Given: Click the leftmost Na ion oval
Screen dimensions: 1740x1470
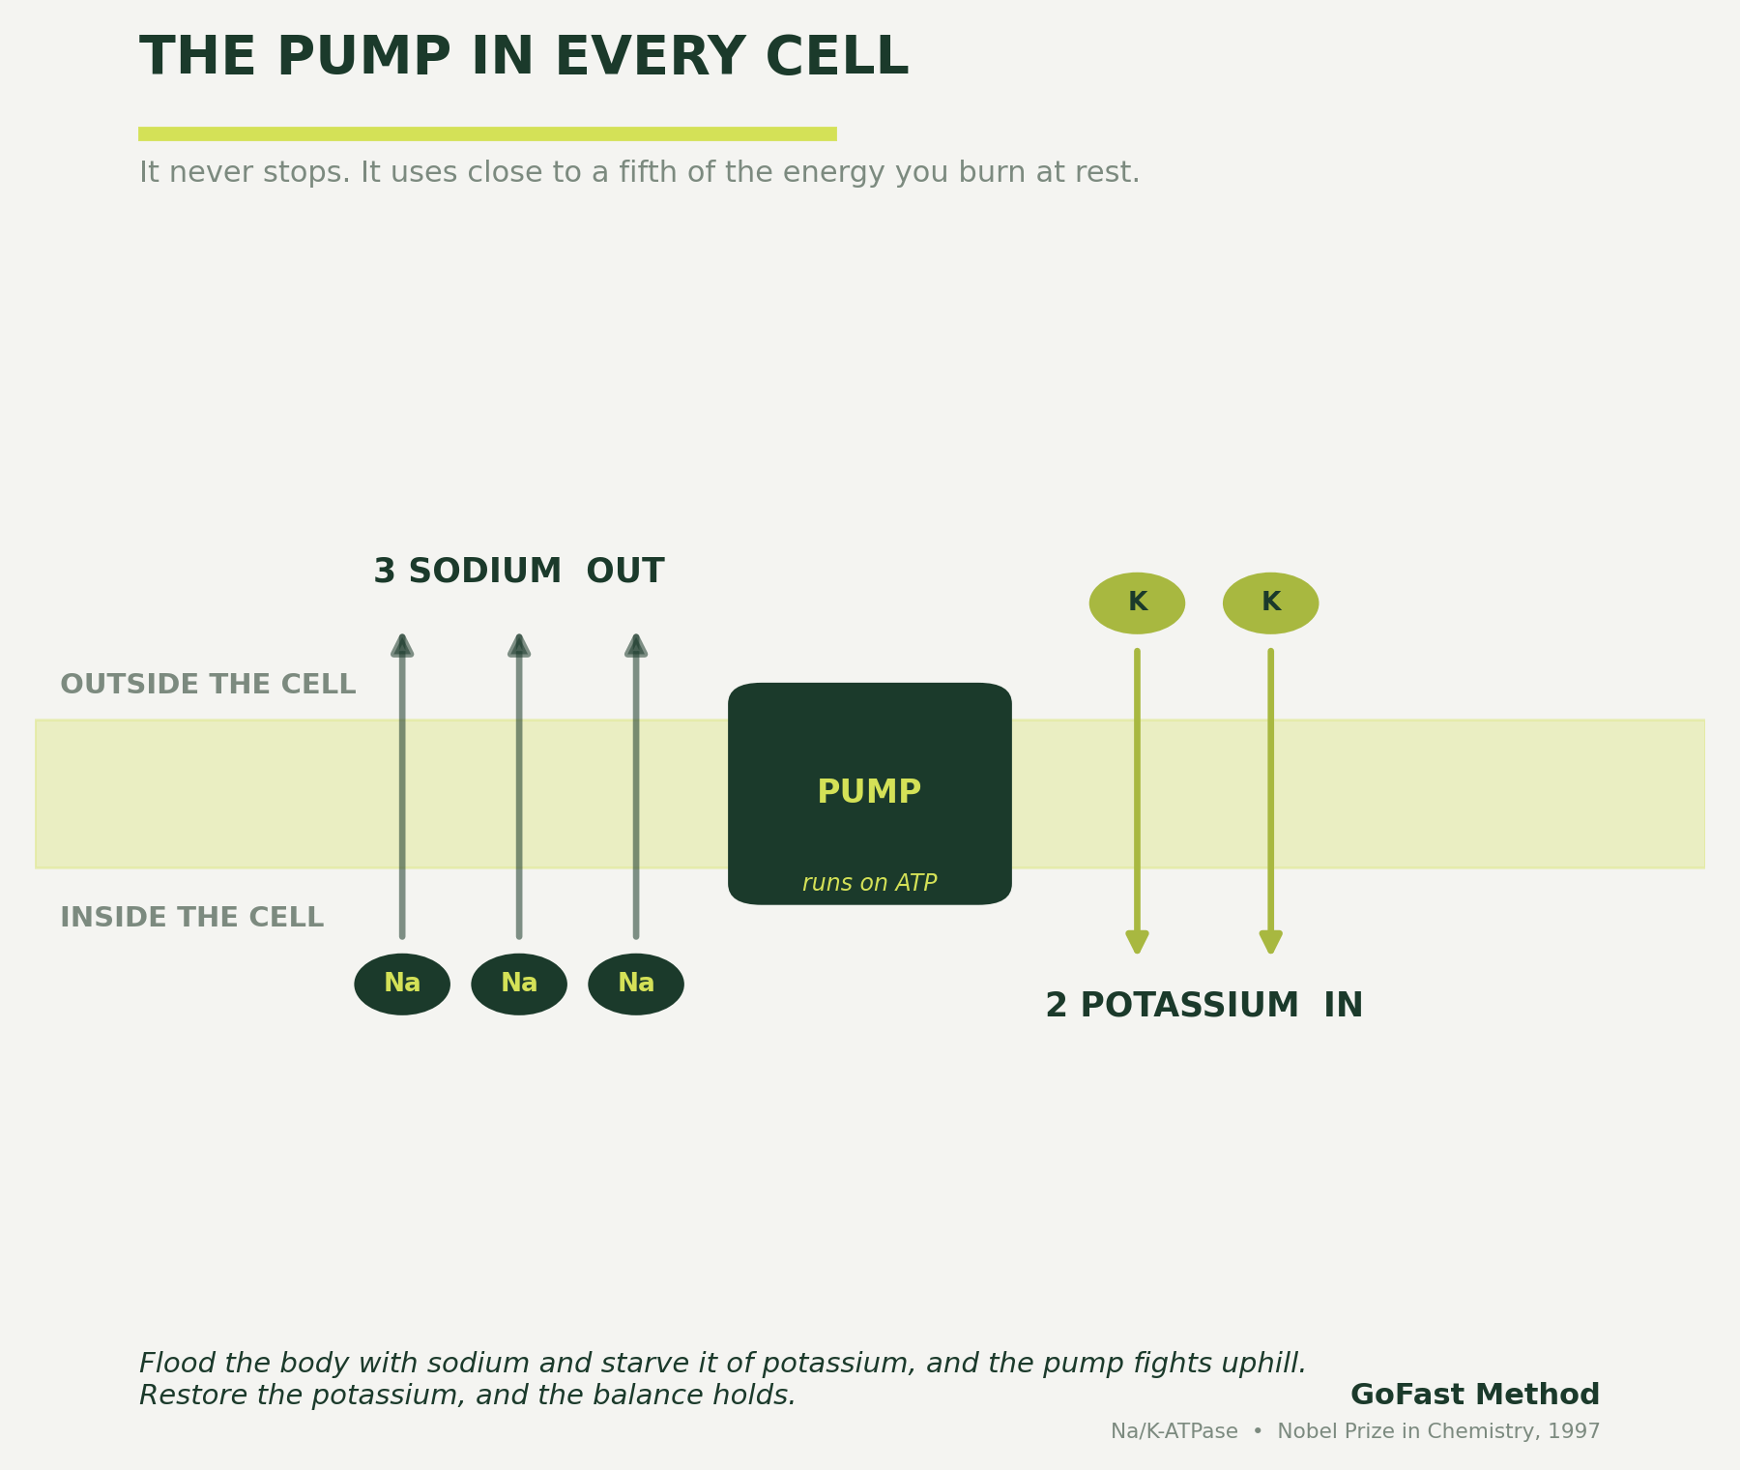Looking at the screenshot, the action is [402, 984].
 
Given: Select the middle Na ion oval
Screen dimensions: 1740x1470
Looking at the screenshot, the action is [519, 984].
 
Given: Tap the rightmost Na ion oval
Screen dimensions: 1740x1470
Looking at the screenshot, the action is [636, 984].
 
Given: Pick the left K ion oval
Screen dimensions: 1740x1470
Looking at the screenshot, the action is [1137, 603].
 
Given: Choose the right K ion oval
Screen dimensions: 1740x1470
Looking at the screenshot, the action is [1270, 603].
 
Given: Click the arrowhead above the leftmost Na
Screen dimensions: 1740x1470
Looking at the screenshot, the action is [402, 645].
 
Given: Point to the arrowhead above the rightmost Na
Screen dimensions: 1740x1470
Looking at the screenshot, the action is [636, 645].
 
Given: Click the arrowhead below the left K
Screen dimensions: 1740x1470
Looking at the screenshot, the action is [1137, 942].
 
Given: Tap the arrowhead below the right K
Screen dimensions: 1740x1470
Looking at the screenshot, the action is [1270, 942].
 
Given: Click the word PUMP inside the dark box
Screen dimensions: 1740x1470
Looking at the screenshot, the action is [869, 792].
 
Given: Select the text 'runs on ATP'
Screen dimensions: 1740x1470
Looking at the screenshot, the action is [869, 883].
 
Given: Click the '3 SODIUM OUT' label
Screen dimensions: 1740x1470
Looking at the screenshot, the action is [518, 572].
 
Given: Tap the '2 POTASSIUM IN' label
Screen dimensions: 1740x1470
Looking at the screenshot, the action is [1203, 1006].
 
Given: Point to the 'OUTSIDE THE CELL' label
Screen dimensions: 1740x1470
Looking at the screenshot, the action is [208, 685].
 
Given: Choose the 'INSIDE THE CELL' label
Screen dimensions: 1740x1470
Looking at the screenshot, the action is [191, 918].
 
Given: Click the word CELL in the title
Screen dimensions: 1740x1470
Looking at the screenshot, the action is [836, 58].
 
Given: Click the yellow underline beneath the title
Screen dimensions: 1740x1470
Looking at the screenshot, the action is [487, 133].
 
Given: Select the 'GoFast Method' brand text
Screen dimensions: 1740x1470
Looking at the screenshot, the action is [1475, 1395].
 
